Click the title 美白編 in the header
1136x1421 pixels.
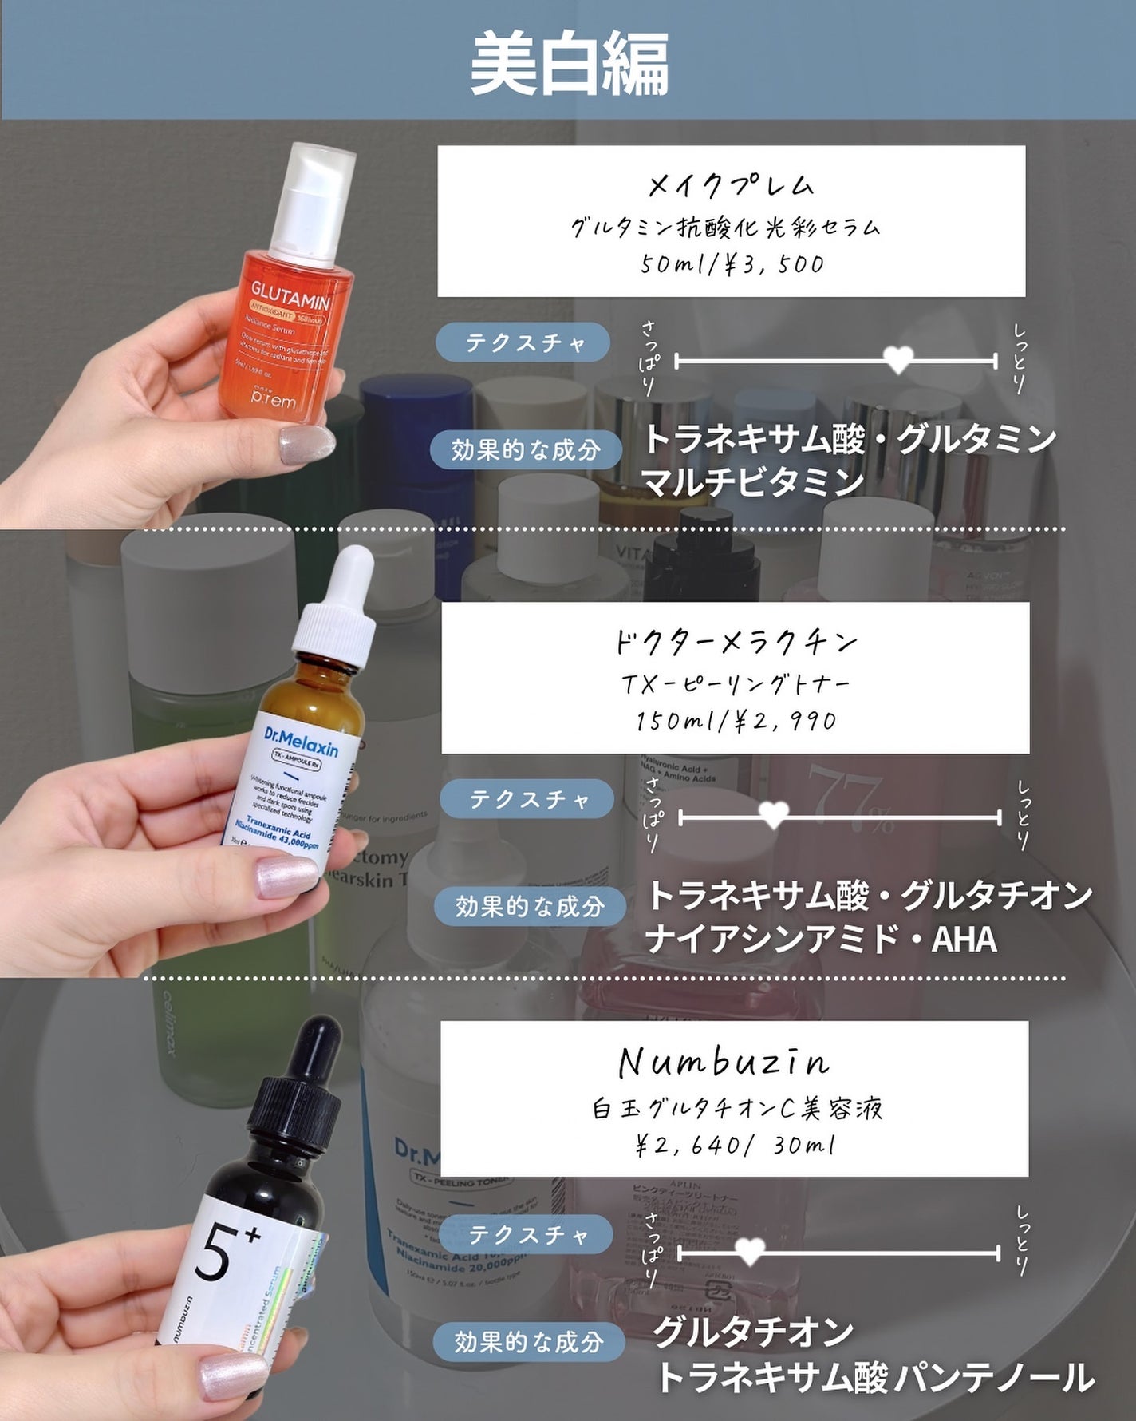569,64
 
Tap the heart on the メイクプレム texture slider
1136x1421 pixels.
898,359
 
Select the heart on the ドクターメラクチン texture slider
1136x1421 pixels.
773,815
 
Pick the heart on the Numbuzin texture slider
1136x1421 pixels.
749,1251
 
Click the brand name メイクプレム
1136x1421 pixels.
731,186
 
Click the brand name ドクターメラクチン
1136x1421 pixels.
736,642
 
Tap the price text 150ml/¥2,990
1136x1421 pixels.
736,721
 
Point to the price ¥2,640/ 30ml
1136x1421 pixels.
736,1146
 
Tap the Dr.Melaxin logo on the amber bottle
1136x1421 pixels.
301,742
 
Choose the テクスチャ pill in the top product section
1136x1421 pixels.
523,343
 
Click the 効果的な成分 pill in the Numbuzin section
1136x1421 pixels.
528,1341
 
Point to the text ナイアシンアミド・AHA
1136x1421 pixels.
822,939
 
